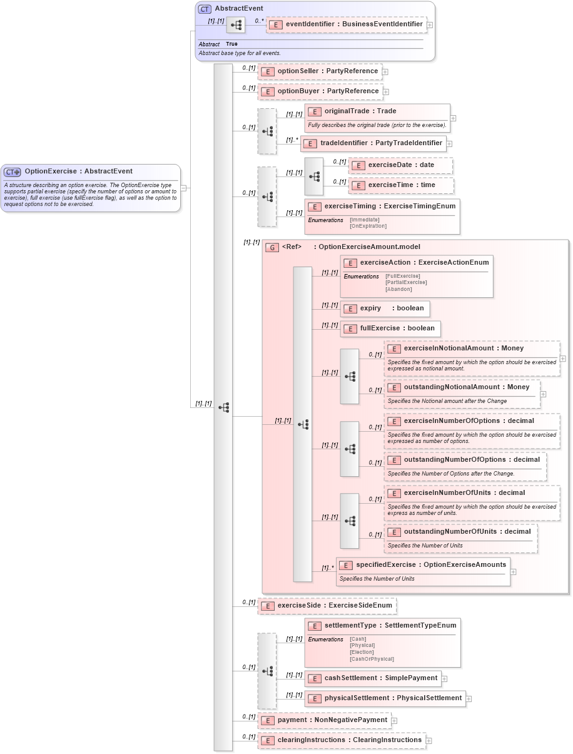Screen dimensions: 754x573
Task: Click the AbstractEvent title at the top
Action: (x=238, y=9)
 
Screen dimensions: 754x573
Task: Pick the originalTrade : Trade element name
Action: (x=360, y=111)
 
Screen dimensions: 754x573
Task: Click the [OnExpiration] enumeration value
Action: (x=368, y=226)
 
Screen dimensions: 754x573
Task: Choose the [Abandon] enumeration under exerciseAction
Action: (x=398, y=289)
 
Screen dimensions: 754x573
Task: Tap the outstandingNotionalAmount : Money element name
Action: (x=466, y=387)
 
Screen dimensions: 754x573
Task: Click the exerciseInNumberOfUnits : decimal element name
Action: (x=464, y=493)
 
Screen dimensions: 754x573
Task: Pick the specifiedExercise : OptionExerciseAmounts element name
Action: (x=430, y=565)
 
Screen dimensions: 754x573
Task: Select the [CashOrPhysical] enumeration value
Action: (x=372, y=659)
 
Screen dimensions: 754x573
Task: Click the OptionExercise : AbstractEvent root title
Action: (x=78, y=171)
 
